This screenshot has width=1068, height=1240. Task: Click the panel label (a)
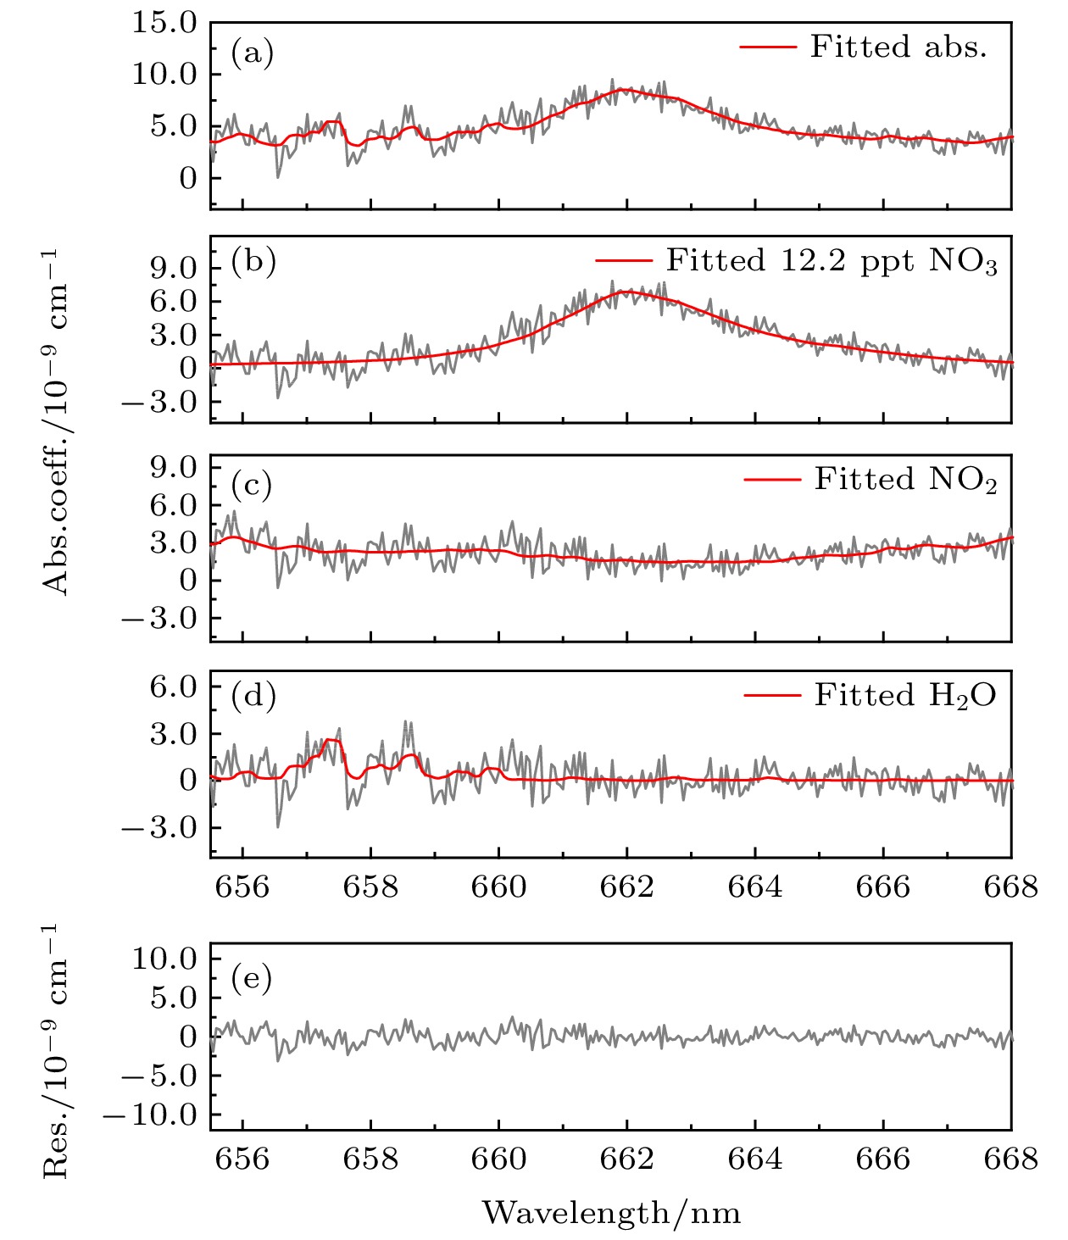tap(253, 54)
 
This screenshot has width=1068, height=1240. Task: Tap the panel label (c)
tap(253, 484)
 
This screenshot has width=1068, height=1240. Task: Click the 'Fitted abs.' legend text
tap(898, 47)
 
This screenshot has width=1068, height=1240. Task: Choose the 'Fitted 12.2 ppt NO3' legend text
tap(832, 261)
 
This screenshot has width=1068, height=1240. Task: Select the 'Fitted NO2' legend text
tap(905, 480)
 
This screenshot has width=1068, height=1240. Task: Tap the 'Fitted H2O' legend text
tap(905, 696)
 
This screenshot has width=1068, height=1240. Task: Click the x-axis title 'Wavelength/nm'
tap(611, 1213)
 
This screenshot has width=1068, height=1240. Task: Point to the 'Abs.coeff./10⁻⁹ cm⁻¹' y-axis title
tap(56, 422)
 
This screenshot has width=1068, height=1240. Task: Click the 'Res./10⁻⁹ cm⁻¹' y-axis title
tap(56, 1050)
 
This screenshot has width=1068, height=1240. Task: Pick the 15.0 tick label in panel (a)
tap(164, 23)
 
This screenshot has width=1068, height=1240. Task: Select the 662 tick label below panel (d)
tap(627, 887)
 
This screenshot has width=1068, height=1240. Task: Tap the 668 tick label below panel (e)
tap(1010, 1159)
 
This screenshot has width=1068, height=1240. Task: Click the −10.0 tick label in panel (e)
tap(150, 1115)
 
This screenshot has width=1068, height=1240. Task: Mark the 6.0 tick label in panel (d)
tap(173, 687)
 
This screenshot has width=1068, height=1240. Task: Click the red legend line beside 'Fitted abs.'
tap(768, 47)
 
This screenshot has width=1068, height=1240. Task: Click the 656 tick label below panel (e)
tap(242, 1159)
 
